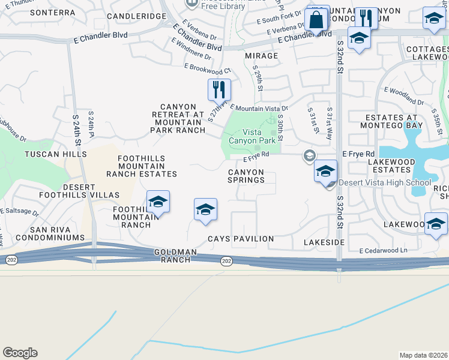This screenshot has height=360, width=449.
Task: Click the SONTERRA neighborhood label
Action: point(52,12)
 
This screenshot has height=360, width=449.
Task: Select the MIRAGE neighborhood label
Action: point(262,56)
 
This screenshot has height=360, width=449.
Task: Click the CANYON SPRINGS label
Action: point(246,176)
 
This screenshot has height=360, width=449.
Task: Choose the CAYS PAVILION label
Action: point(241,239)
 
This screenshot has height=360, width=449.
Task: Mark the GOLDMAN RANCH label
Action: point(172,256)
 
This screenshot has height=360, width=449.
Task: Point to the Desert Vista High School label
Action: point(384,183)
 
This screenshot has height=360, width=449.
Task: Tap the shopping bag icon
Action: point(316,20)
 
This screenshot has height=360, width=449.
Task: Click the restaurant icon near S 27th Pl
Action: point(219,89)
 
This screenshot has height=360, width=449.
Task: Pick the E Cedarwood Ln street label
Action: point(383,250)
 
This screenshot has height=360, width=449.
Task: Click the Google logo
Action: point(20,353)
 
